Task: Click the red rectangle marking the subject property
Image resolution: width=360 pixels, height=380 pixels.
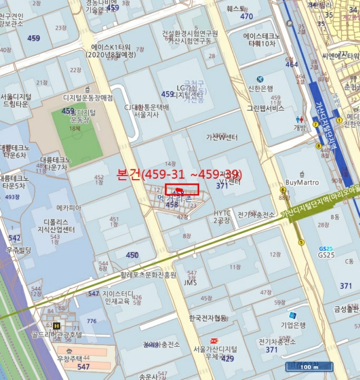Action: point(182,189)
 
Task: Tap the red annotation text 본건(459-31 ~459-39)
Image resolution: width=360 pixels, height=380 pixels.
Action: point(180,175)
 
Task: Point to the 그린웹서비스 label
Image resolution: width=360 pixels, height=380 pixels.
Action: point(266,108)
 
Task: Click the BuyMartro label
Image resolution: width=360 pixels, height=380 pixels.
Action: point(302,182)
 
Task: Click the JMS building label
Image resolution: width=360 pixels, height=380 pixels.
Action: point(190,282)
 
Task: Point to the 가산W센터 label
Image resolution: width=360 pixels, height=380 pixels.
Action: point(222,137)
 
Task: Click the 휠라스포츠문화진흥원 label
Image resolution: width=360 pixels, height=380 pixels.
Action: point(148,275)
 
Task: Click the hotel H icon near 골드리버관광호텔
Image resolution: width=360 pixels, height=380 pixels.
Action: point(56,326)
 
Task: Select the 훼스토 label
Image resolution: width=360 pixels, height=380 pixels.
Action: point(236,9)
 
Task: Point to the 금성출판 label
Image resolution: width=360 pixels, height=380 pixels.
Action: point(346,309)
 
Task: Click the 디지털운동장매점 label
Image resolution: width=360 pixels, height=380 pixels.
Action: point(88,98)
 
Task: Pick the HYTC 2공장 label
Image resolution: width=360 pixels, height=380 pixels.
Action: point(222,217)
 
